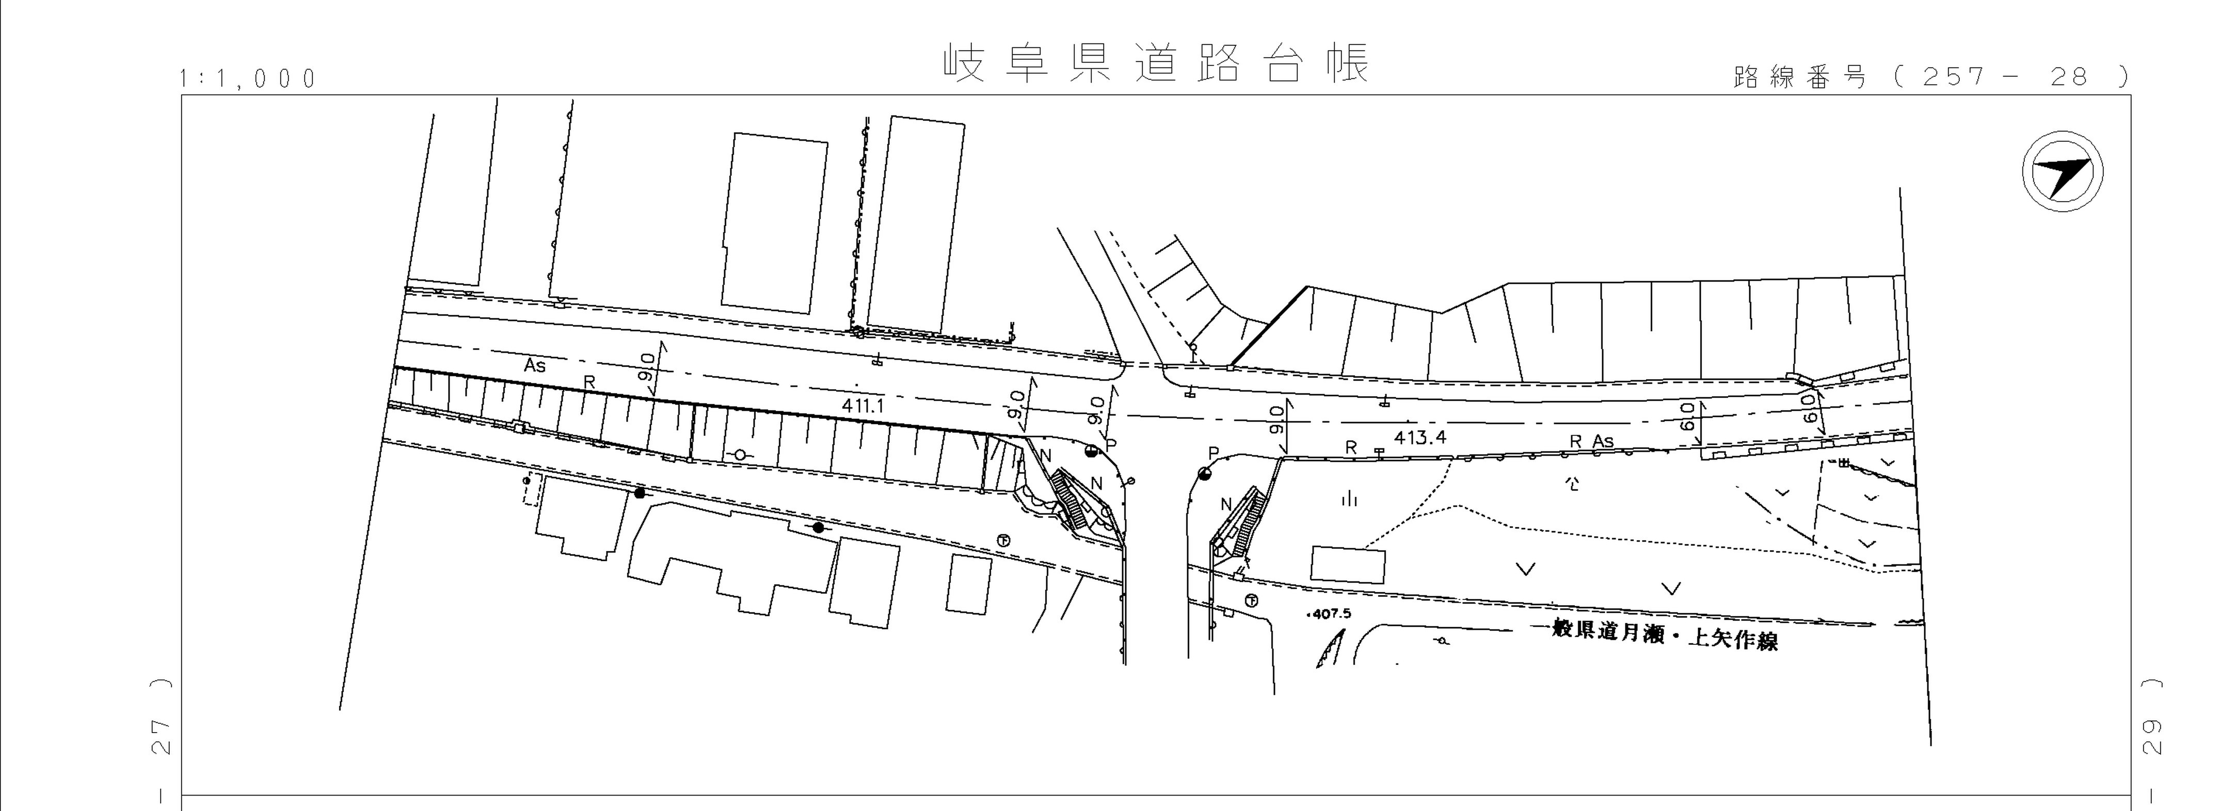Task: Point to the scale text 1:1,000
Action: point(248,79)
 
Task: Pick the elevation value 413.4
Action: point(1419,437)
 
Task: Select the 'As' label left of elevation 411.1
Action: point(535,365)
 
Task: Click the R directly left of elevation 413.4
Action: point(1351,448)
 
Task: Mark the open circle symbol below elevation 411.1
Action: point(740,453)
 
